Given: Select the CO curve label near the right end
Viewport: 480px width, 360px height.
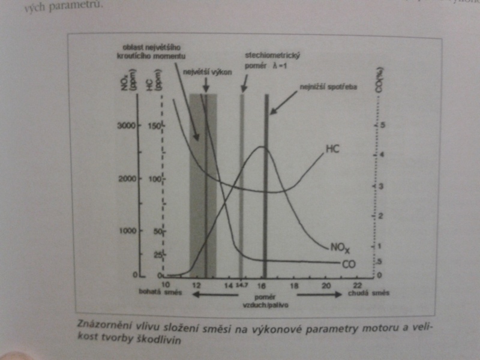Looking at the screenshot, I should [349, 264].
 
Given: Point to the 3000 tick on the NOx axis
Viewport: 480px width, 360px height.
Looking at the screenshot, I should [127, 126].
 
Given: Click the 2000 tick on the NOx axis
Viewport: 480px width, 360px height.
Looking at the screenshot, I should [127, 179].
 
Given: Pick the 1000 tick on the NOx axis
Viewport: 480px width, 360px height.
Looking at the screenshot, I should [127, 230].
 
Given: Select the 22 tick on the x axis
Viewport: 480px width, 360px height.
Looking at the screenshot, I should [358, 284].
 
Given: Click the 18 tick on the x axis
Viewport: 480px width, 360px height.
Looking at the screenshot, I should [294, 284].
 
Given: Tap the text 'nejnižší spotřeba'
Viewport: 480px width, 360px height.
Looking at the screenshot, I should [328, 88].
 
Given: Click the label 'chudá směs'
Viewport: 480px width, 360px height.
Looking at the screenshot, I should [368, 294].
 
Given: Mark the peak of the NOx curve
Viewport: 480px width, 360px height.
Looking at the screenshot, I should [261, 147].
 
